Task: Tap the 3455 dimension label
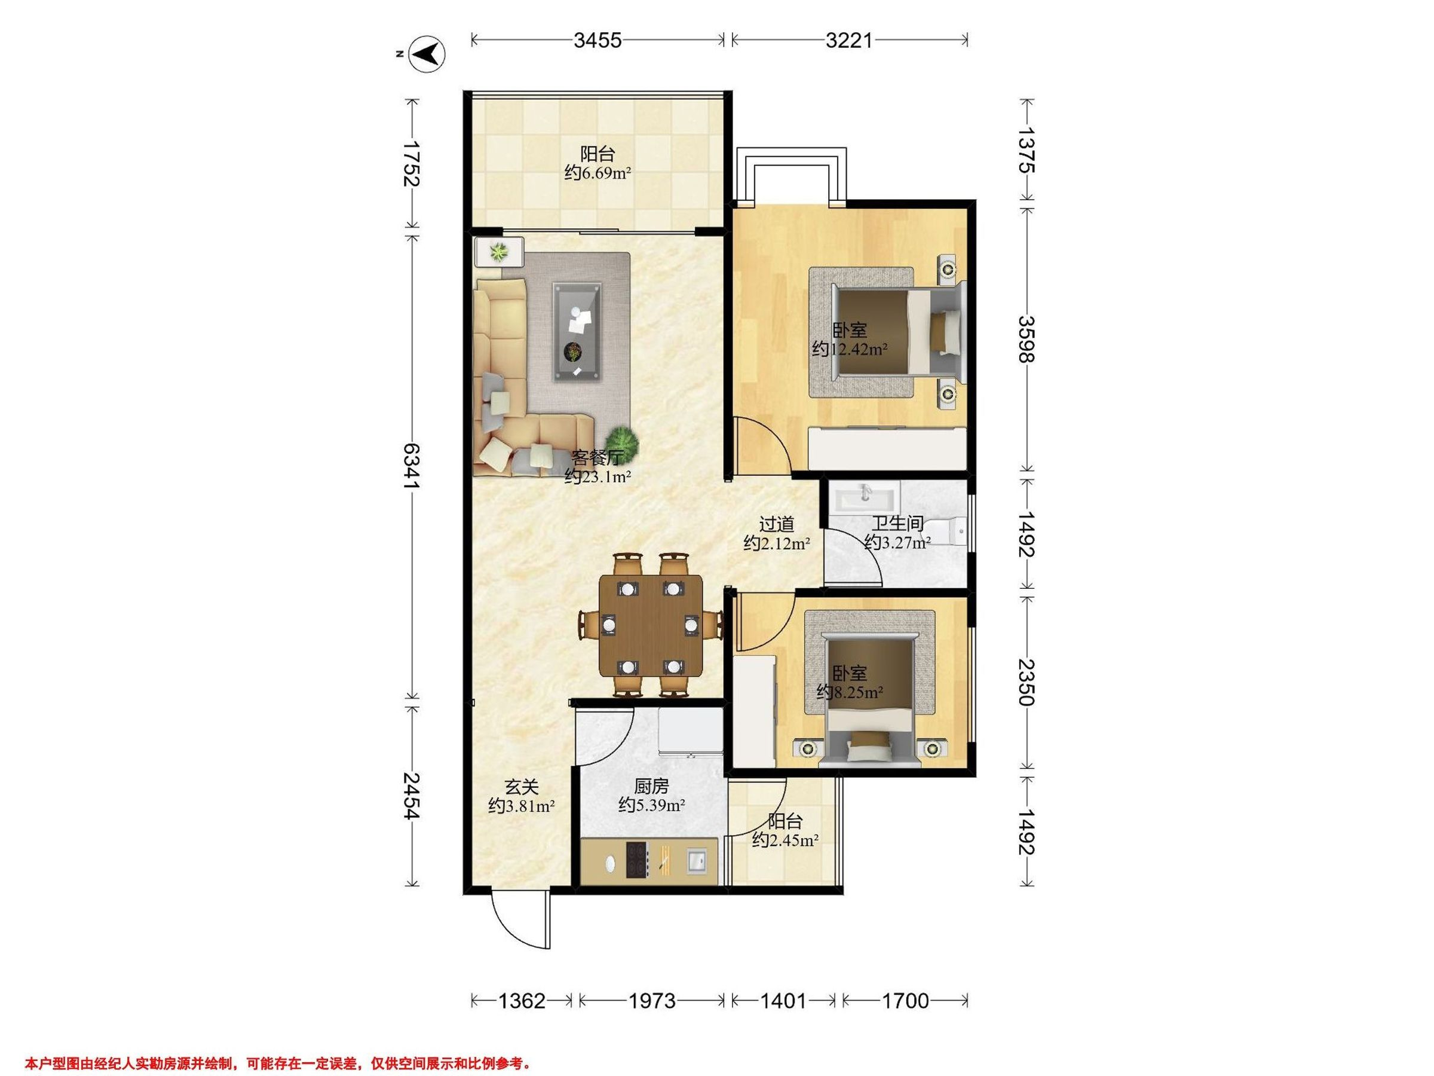(x=597, y=40)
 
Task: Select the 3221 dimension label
(x=849, y=40)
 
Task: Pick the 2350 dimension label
(x=1027, y=682)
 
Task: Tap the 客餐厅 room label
(x=597, y=458)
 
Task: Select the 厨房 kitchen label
(x=651, y=787)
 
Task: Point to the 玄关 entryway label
(x=521, y=787)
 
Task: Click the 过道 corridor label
(x=777, y=524)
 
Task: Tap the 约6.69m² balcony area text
(x=597, y=173)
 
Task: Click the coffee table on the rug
(x=577, y=331)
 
